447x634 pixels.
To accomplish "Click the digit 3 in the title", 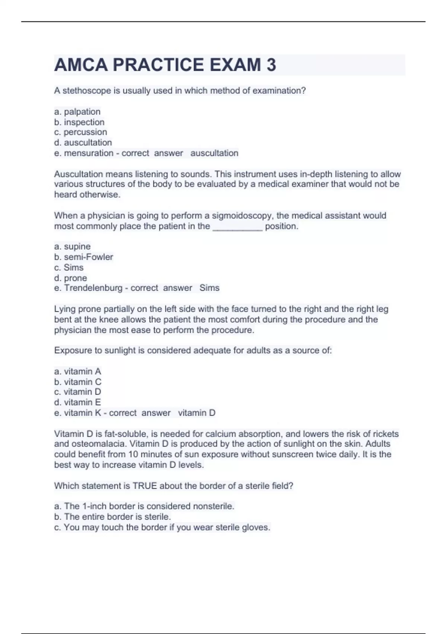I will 271,65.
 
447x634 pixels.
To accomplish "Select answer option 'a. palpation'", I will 77,112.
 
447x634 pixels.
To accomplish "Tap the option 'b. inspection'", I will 79,122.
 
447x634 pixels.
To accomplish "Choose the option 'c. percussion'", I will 80,132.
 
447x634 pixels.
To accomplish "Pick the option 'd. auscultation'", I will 83,142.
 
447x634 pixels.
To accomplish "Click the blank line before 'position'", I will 237,227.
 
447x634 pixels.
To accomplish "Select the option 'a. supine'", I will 72,247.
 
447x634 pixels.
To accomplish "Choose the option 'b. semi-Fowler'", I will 83,257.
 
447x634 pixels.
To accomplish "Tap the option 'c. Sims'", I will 69,267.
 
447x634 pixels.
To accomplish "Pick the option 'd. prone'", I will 70,278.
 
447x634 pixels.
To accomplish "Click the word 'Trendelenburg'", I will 93,288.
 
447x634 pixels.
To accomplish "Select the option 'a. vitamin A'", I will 77,371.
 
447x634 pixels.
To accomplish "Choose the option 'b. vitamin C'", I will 77,382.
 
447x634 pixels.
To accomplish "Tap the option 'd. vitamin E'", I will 77,402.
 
